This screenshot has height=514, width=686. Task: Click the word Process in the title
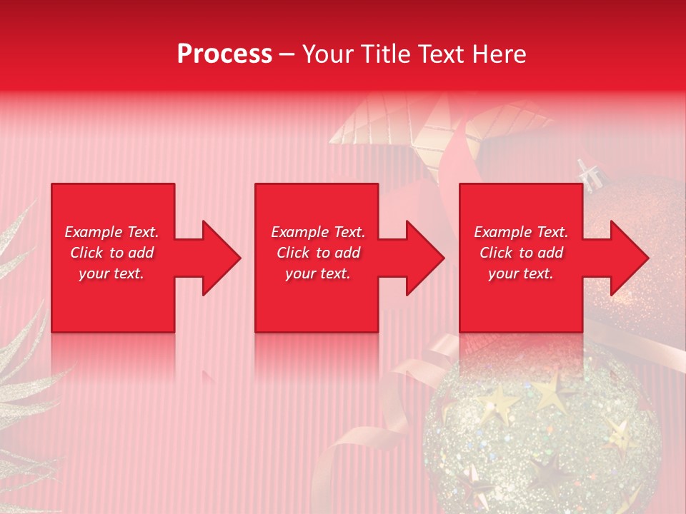tap(224, 54)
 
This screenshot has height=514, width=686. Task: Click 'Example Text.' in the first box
tap(111, 232)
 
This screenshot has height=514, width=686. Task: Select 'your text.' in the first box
tap(111, 273)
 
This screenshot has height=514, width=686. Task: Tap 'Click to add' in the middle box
tap(318, 253)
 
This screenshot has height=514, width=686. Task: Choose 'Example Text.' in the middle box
tap(318, 232)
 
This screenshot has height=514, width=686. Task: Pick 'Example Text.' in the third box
tap(521, 232)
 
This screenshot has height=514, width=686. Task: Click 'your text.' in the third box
tap(521, 273)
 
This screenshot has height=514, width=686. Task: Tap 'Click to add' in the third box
tap(521, 253)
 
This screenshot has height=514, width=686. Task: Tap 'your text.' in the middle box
tap(318, 273)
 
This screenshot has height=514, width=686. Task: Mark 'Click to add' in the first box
tap(111, 253)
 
